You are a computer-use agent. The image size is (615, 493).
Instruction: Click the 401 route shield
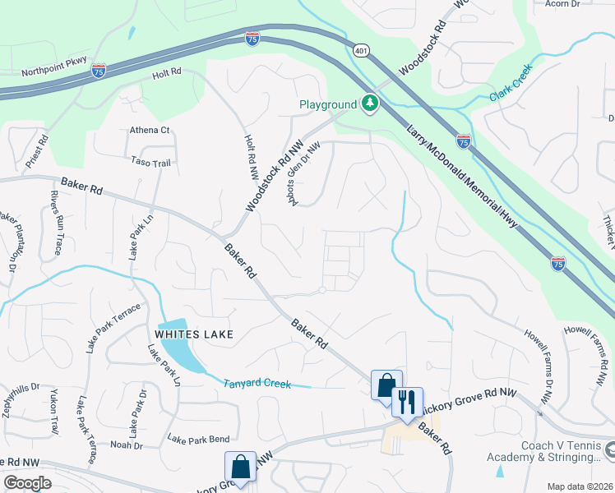point(361,50)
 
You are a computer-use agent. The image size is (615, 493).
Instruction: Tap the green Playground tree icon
point(371,104)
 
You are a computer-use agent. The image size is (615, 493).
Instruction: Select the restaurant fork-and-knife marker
point(406,403)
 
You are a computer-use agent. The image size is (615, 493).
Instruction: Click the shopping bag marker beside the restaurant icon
point(386,385)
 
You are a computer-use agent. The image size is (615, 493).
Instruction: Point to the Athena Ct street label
point(149,130)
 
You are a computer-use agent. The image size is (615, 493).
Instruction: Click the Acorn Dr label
point(564,3)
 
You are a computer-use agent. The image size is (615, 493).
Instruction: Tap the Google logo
point(28,482)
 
